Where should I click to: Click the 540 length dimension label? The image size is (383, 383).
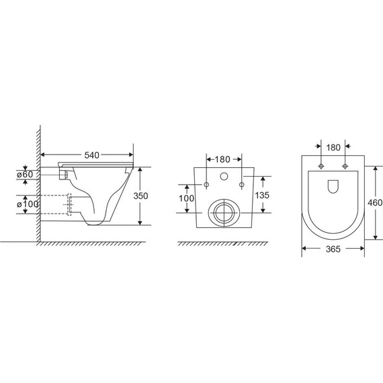click(x=92, y=155)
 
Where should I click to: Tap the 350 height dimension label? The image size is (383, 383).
click(x=140, y=196)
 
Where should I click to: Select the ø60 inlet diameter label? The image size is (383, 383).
click(x=25, y=175)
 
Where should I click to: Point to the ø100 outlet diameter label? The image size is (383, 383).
click(x=28, y=204)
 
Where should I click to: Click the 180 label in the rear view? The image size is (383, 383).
click(x=222, y=159)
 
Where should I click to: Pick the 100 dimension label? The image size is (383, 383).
click(x=186, y=198)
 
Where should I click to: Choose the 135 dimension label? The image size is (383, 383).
click(x=262, y=195)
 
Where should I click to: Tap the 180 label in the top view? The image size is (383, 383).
click(x=333, y=148)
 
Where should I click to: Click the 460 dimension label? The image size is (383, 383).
click(x=375, y=202)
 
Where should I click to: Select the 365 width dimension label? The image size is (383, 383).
click(x=333, y=249)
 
